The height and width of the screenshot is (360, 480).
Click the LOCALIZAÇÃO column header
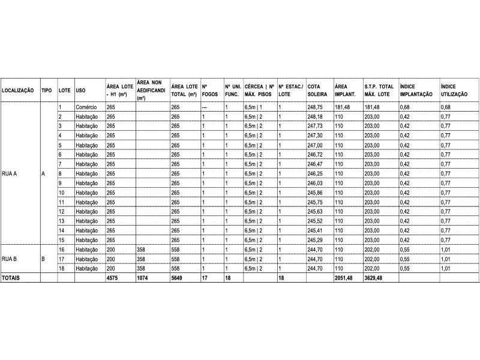[17, 91]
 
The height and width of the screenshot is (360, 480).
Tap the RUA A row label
[10, 173]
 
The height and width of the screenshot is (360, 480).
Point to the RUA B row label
[10, 259]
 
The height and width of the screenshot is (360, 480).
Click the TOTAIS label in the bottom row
[11, 278]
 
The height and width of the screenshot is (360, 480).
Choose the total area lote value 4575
[112, 278]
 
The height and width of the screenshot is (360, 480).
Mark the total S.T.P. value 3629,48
[375, 278]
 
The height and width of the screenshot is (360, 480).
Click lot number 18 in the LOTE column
[61, 269]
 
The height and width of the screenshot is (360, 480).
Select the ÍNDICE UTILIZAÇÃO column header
[454, 91]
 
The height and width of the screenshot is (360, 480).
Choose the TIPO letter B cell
[43, 259]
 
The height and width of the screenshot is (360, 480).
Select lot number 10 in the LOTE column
[61, 193]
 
